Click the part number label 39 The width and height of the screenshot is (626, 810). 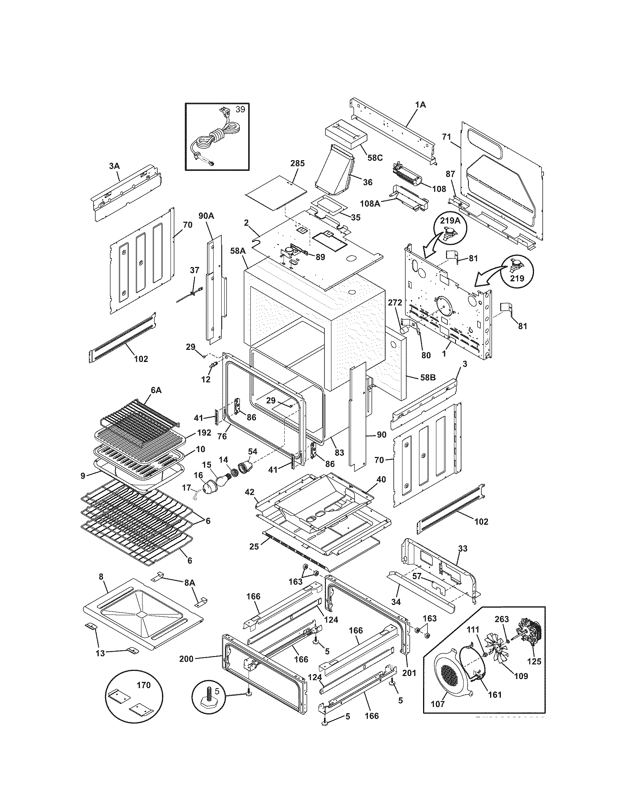tap(240, 110)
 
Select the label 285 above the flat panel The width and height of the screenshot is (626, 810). tap(297, 163)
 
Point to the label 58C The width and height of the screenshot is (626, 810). tap(374, 158)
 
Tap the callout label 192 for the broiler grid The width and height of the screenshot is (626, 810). tap(204, 433)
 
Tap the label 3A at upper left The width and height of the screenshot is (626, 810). tap(114, 166)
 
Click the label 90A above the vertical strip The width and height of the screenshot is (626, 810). tap(206, 216)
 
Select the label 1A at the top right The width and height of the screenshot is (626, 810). tap(420, 105)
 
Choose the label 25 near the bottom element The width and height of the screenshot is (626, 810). tap(254, 557)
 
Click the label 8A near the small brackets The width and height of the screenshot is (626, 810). tap(189, 583)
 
